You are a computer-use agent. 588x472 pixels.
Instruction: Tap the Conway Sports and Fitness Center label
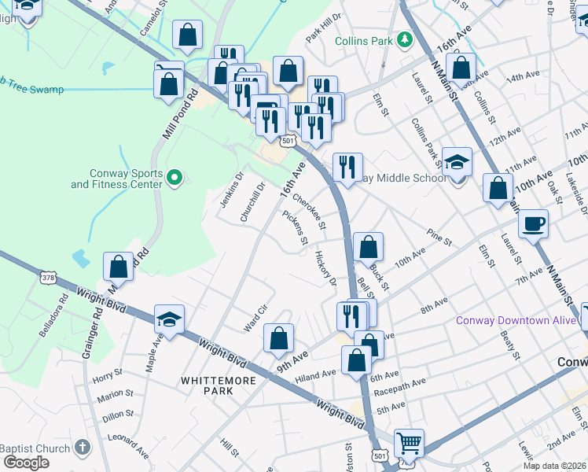pos(117,179)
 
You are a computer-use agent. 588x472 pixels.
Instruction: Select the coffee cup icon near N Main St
pos(534,223)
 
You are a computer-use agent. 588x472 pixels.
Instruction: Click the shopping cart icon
pos(409,442)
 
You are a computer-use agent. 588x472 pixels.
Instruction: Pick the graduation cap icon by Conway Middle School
pos(457,161)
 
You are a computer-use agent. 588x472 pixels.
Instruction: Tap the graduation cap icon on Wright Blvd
pos(169,319)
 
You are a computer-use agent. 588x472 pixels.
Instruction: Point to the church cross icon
pos(83,448)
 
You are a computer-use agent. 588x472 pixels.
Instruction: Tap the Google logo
pos(26,463)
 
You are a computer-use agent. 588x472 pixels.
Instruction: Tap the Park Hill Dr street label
pos(324,37)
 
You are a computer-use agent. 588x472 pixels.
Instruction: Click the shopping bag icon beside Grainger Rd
pos(118,267)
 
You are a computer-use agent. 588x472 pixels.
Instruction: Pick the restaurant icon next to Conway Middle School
pos(347,167)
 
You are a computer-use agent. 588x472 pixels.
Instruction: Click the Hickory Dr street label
pos(325,269)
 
